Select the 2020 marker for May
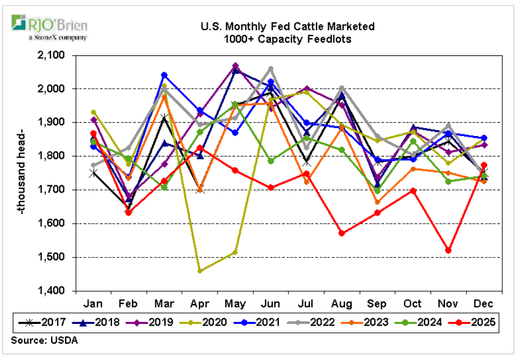tap(235, 252)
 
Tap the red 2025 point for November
tap(448, 250)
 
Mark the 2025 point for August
tap(341, 233)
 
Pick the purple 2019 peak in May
tap(235, 66)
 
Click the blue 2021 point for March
tap(164, 75)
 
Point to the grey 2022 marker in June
tap(271, 69)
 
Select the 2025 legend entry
tap(475, 323)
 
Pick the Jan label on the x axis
tap(93, 303)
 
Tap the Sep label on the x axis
tap(377, 303)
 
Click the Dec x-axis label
tap(483, 303)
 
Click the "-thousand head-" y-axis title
tap(22, 173)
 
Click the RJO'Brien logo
tap(49, 27)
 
